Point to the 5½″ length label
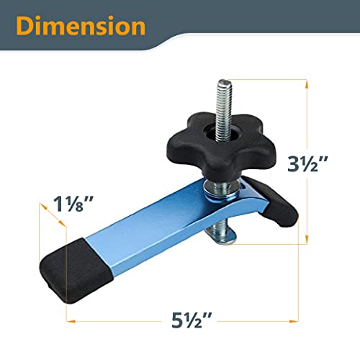[179, 318]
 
